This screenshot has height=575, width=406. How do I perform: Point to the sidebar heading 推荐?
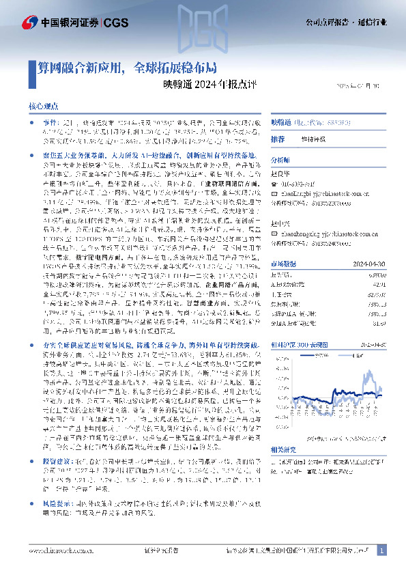[278, 139]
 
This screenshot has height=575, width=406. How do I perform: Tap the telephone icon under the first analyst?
[274, 182]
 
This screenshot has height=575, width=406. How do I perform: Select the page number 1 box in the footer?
[381, 550]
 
